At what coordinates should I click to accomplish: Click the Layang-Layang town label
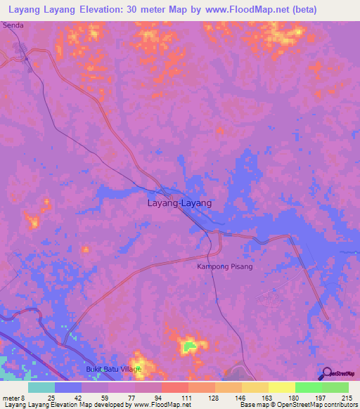click(179, 203)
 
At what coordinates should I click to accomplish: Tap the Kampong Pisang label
click(224, 267)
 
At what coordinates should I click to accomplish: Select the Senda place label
click(13, 25)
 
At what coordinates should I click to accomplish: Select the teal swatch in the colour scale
click(41, 387)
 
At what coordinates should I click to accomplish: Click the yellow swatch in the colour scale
click(281, 387)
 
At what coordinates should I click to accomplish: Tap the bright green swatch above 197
click(308, 387)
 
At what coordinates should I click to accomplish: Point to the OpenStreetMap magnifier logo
click(326, 375)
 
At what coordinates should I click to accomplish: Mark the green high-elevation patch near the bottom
click(188, 345)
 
